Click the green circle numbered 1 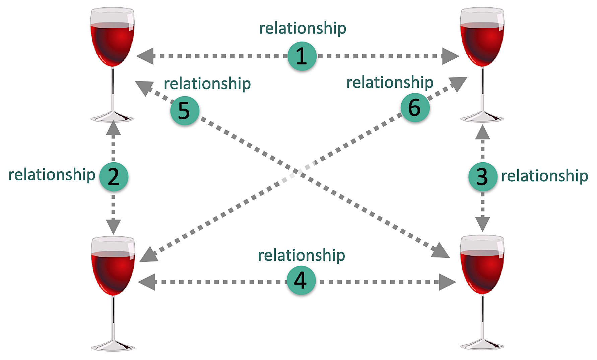[302, 56]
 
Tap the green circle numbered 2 [114, 177]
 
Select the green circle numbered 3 [482, 177]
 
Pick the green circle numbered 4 [301, 281]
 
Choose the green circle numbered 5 [185, 111]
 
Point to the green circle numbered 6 [415, 108]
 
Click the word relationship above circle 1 [302, 28]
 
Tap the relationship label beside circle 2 [52, 175]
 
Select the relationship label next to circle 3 [544, 176]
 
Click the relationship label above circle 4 [301, 255]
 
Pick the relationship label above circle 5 [207, 84]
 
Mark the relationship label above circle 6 [390, 82]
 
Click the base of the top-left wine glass [113, 117]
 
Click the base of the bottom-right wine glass [482, 345]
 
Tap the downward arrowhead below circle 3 [482, 224]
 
